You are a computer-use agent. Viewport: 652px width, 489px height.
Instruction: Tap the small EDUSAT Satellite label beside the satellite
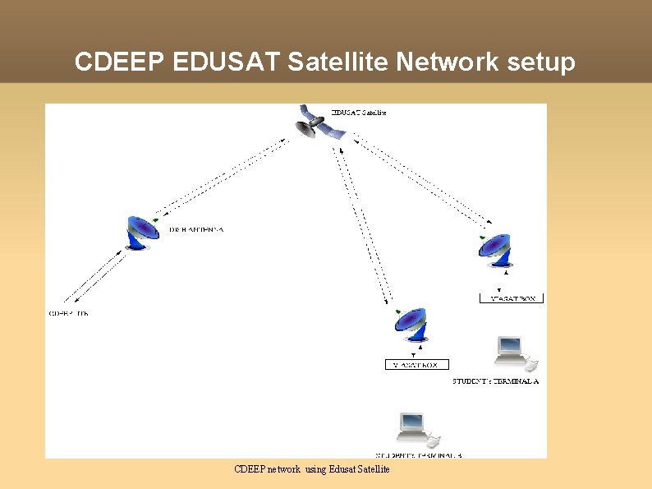pos(359,112)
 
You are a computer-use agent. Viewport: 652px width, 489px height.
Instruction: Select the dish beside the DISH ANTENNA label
pos(144,233)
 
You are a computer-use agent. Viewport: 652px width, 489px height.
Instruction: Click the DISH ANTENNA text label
pos(196,229)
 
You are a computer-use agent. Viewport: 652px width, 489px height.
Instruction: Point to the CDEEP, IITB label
pos(69,313)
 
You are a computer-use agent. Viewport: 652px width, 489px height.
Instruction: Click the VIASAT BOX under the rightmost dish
pos(512,299)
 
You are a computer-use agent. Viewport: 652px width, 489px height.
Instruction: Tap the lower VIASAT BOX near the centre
pos(416,364)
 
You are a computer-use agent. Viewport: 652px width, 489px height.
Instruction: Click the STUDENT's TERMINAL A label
pos(495,381)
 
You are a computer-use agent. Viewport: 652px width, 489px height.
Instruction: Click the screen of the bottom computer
pos(410,424)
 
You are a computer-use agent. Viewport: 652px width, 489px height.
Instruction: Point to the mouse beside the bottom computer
pos(434,441)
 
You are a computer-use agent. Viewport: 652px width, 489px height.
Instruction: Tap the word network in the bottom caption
pos(283,469)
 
